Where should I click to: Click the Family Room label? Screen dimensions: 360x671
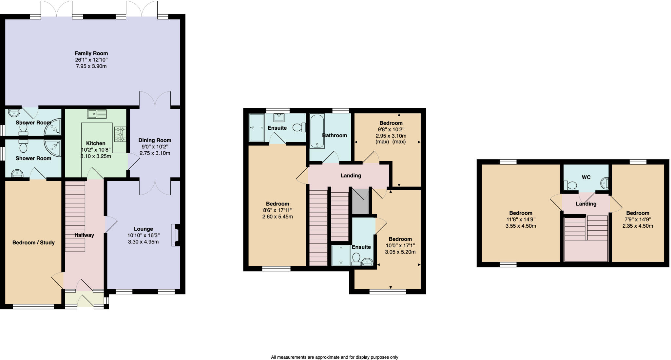pyautogui.click(x=91, y=53)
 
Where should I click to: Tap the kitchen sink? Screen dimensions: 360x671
pyautogui.click(x=97, y=114)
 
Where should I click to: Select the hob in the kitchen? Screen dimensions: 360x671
pyautogui.click(x=120, y=134)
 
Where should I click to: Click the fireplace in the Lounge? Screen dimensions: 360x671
pyautogui.click(x=175, y=235)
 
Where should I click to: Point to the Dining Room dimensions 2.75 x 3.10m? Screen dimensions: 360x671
pyautogui.click(x=155, y=153)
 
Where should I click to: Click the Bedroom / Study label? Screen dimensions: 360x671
pyautogui.click(x=33, y=243)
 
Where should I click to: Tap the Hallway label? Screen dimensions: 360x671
pyautogui.click(x=84, y=235)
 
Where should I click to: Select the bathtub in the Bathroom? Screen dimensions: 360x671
pyautogui.click(x=317, y=131)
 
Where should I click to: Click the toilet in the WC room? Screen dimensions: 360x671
pyautogui.click(x=570, y=185)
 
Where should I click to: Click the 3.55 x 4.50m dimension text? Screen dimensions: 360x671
pyautogui.click(x=521, y=226)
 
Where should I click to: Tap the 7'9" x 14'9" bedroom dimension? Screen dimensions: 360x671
pyautogui.click(x=638, y=219)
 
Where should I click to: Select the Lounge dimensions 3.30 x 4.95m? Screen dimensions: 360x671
pyautogui.click(x=143, y=242)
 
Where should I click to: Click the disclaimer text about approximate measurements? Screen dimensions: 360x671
pyautogui.click(x=335, y=357)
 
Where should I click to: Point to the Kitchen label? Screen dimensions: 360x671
pyautogui.click(x=96, y=143)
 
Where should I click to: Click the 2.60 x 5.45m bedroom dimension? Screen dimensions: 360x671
pyautogui.click(x=278, y=217)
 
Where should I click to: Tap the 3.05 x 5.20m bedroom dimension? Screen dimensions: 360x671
pyautogui.click(x=400, y=252)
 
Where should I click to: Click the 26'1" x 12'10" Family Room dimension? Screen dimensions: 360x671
pyautogui.click(x=91, y=60)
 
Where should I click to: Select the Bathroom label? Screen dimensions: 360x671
pyautogui.click(x=334, y=136)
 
